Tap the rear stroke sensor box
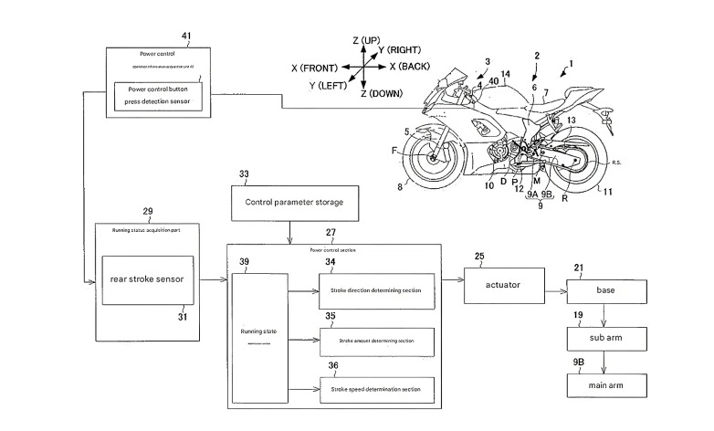tap(150, 280)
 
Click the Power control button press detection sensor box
tap(160, 97)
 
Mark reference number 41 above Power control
tap(186, 36)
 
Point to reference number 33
tap(242, 173)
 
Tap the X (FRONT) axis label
tap(313, 68)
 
